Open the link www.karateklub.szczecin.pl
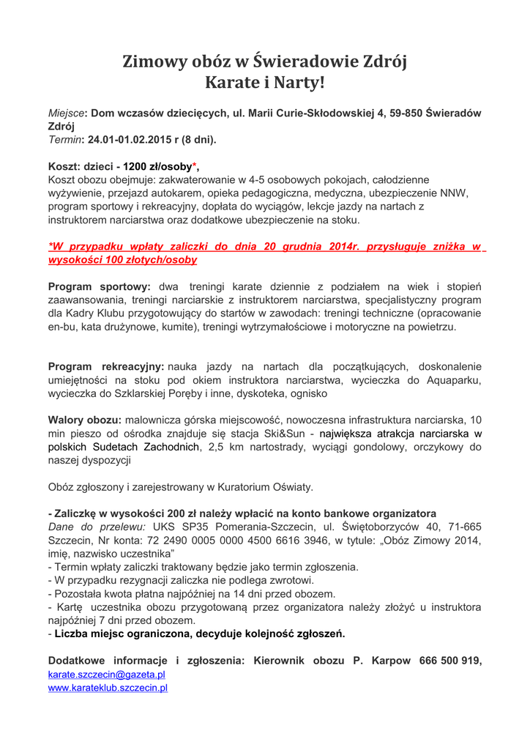tap(108, 688)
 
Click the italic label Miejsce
tap(65, 113)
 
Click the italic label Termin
tap(65, 138)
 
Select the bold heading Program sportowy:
tap(100, 286)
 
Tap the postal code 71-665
tap(465, 527)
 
